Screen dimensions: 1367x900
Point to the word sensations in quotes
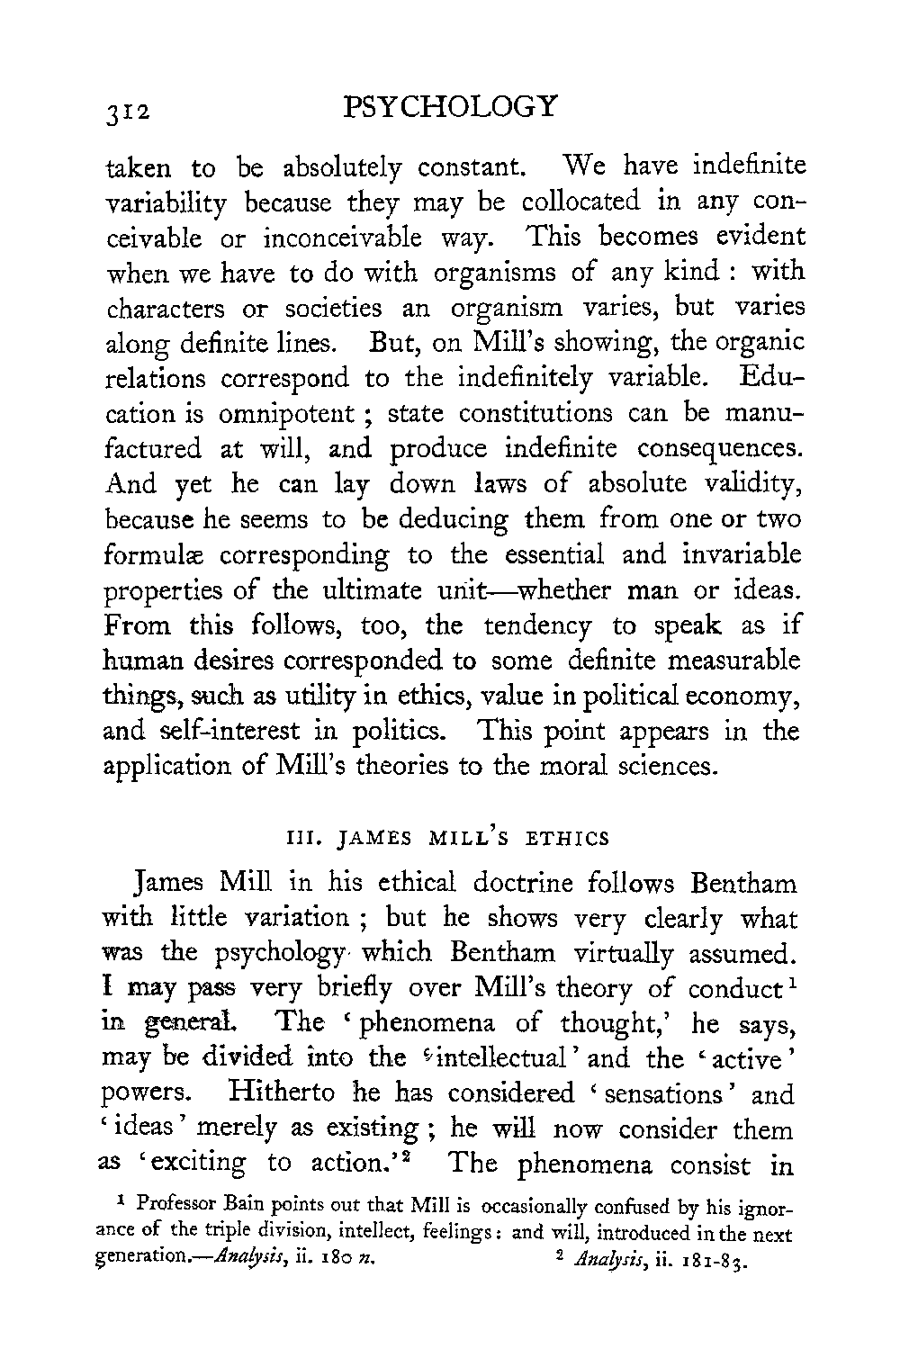click(664, 1093)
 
